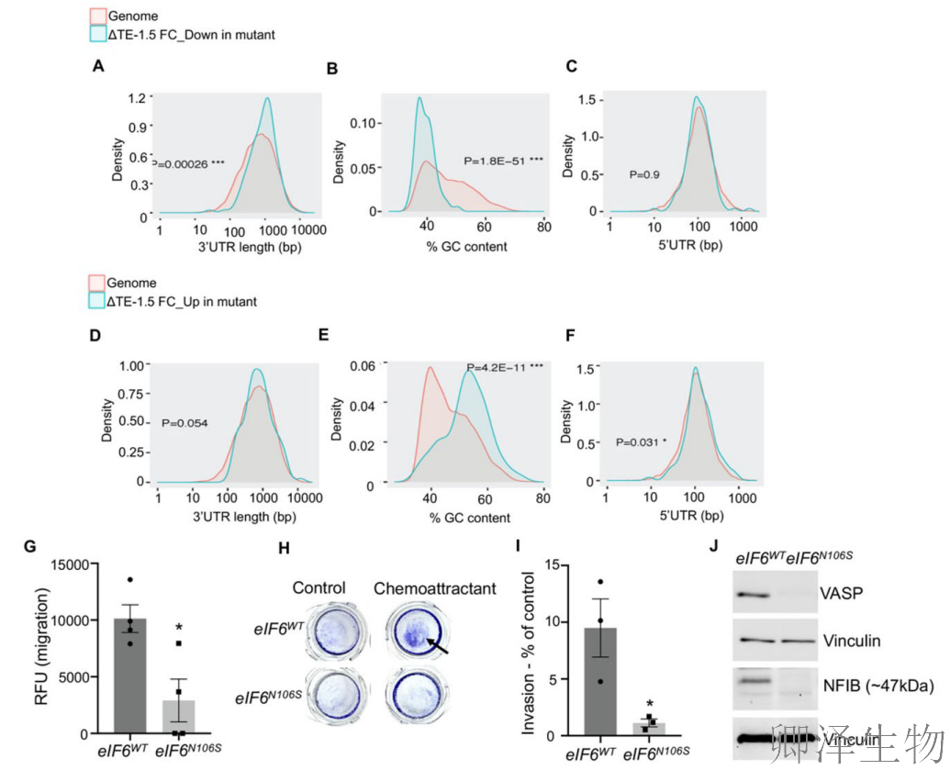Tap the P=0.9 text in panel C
[643, 173]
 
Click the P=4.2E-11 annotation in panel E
[505, 368]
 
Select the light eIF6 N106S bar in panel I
[649, 728]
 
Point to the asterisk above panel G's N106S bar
[181, 628]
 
